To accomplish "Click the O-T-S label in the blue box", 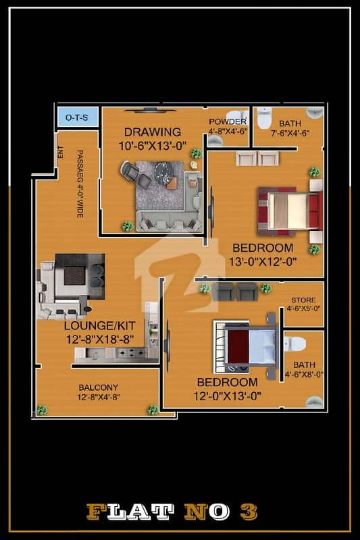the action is coord(76,117).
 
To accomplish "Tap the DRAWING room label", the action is coord(152,132).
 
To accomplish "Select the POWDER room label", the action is coord(228,122).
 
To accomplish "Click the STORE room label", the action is coord(303,300).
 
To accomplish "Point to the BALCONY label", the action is coord(98,387).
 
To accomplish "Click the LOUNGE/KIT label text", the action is coord(99,325).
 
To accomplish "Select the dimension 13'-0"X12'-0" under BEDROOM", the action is coord(263,262).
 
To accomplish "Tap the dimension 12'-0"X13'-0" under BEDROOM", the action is coord(228,396).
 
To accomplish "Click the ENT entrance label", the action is coord(61,153).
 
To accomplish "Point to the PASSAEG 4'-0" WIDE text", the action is coord(80,184).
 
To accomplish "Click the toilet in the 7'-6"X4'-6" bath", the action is coord(264,118).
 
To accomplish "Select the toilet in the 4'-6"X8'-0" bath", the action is coord(295,344).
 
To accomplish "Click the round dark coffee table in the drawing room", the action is coord(165,173).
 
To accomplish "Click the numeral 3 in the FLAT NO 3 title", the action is coord(249,512).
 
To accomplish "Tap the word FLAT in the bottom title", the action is coord(130,512).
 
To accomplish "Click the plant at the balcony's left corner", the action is coord(42,410).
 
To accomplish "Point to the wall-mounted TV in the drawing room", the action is coord(150,111).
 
